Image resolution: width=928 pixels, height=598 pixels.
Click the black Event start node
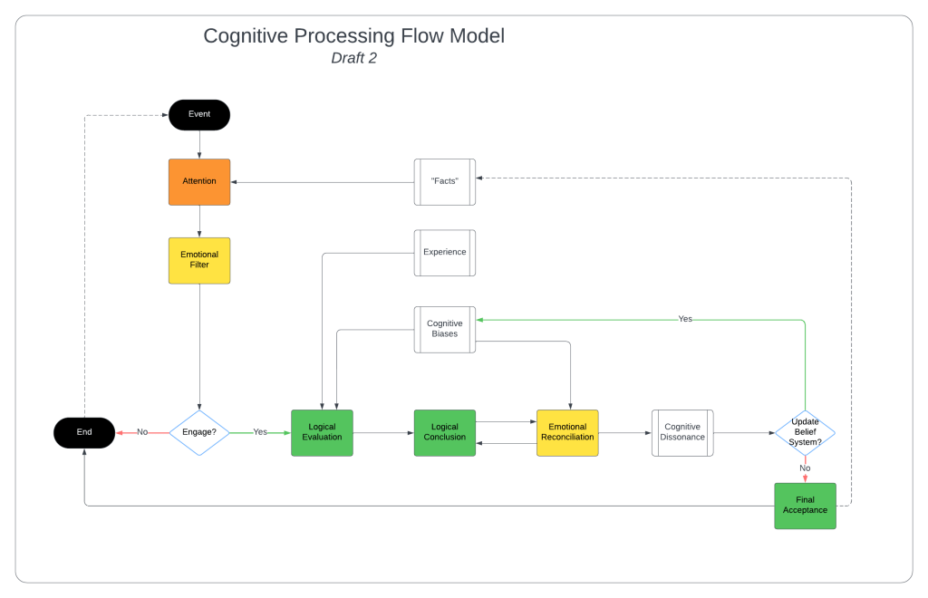coord(199,115)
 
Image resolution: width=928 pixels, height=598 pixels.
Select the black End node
coord(84,433)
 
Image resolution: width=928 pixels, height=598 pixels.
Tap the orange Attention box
coord(199,182)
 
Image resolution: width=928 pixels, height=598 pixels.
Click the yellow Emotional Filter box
coord(199,261)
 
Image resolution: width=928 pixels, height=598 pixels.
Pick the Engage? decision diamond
coord(199,433)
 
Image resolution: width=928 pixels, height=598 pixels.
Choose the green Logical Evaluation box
coord(322,433)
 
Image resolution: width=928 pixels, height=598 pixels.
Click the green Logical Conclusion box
coord(445,433)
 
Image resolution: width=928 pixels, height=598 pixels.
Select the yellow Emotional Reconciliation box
coord(567,433)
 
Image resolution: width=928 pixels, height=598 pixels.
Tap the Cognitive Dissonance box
coord(682,433)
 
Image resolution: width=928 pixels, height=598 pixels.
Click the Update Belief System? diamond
coord(805,433)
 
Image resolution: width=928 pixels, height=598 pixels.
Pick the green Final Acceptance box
coord(805,506)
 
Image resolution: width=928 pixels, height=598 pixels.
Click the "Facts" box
coord(445,182)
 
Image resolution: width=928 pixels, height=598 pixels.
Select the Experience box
coord(445,253)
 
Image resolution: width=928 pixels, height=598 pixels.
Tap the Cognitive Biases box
coord(445,329)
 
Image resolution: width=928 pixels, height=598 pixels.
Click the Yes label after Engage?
coord(260,432)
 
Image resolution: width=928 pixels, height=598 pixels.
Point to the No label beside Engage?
coord(142,432)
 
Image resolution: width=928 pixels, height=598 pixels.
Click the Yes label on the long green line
coord(685,319)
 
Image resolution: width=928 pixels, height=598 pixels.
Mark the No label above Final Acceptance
coord(805,468)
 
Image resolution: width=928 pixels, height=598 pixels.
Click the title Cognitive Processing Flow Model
coord(353,36)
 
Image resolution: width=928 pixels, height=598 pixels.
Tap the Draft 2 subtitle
coord(353,59)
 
